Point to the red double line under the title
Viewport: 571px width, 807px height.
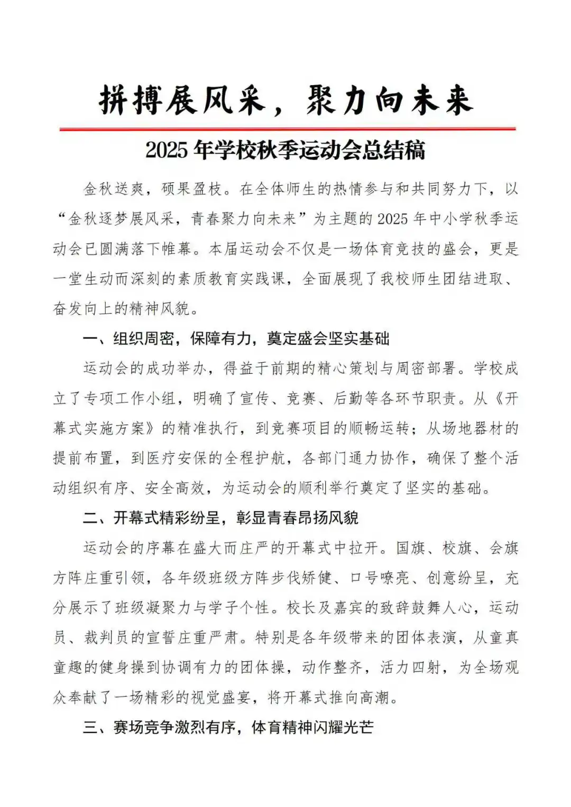point(287,128)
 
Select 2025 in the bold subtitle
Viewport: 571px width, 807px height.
point(167,151)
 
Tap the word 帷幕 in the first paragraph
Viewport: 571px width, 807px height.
point(177,249)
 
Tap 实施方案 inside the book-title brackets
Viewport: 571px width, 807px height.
point(114,428)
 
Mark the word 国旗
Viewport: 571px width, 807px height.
point(410,548)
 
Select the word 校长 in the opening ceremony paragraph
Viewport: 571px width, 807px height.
point(302,607)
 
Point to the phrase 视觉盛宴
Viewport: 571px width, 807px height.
point(220,697)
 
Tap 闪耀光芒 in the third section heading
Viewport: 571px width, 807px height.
point(344,727)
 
